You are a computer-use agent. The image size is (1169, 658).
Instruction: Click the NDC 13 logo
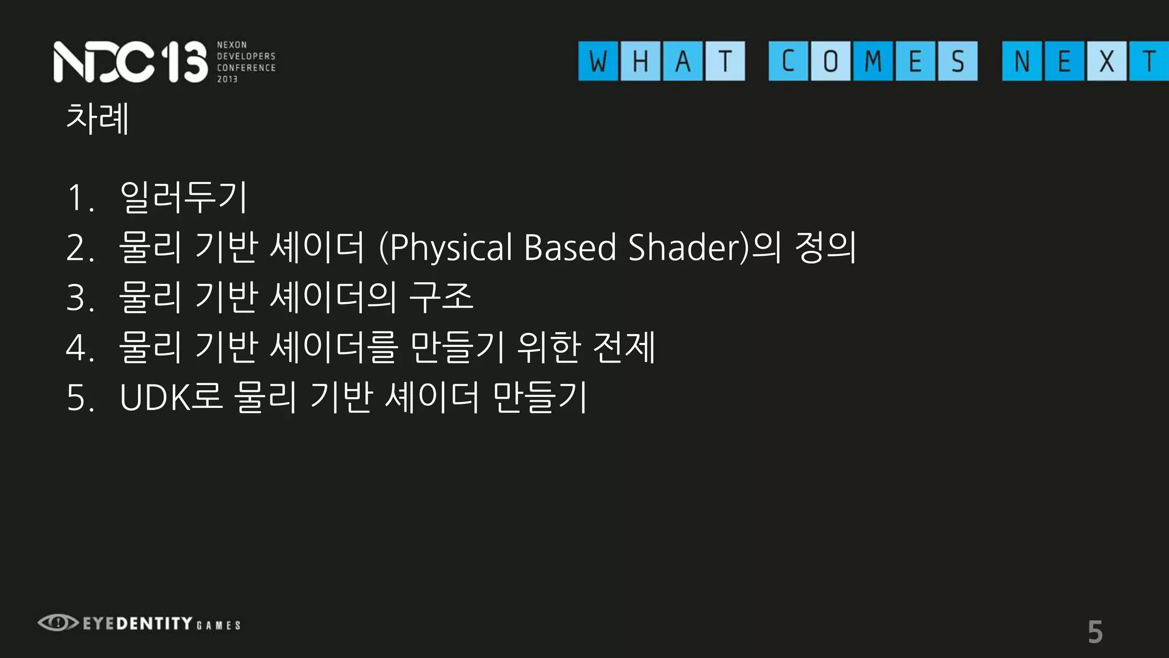pyautogui.click(x=130, y=62)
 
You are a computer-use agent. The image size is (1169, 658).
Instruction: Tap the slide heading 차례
pyautogui.click(x=98, y=118)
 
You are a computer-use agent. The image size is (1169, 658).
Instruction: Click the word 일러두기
pyautogui.click(x=184, y=197)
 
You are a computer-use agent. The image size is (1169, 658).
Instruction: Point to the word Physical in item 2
pyautogui.click(x=451, y=248)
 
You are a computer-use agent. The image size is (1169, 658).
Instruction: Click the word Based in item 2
pyautogui.click(x=570, y=247)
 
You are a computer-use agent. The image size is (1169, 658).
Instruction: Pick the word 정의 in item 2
pyautogui.click(x=825, y=247)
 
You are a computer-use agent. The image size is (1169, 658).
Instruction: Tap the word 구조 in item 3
pyautogui.click(x=441, y=297)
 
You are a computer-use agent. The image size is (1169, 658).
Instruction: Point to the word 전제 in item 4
pyautogui.click(x=624, y=347)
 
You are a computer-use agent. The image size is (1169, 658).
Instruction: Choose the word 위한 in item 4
pyautogui.click(x=549, y=347)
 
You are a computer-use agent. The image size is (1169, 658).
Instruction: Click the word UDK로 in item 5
pyautogui.click(x=171, y=397)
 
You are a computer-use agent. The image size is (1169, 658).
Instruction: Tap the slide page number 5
pyautogui.click(x=1095, y=632)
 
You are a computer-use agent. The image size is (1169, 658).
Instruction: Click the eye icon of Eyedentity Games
pyautogui.click(x=58, y=623)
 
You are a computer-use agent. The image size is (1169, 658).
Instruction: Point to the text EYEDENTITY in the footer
pyautogui.click(x=138, y=623)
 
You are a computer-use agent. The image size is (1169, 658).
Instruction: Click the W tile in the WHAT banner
pyautogui.click(x=598, y=61)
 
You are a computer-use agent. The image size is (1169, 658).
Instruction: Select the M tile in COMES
pyautogui.click(x=873, y=61)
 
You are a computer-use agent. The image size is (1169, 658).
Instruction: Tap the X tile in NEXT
pyautogui.click(x=1106, y=61)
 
